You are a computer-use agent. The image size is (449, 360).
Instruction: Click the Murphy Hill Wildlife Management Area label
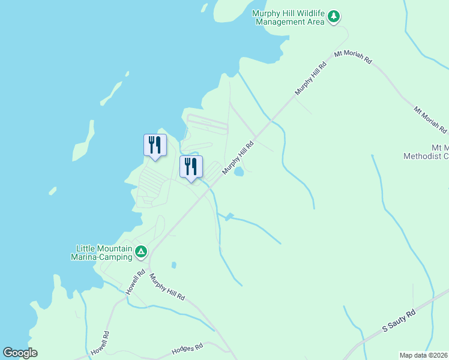pos(289,18)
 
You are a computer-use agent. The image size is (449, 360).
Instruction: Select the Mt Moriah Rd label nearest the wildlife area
pos(354,58)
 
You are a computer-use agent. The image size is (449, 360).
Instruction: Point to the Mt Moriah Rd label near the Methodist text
pos(430,120)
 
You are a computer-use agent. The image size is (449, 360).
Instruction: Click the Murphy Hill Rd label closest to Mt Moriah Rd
pos(310,77)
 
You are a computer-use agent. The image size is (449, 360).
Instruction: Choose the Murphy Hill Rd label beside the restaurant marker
pos(239,158)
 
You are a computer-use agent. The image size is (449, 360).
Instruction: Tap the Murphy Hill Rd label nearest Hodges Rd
pos(167,287)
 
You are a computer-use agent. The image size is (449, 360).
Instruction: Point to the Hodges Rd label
pos(188,347)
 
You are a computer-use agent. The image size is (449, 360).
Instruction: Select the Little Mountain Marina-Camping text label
pos(104,253)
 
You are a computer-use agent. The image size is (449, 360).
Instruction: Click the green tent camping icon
pos(140,251)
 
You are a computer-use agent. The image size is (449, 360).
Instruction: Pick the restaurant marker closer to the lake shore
pos(155,146)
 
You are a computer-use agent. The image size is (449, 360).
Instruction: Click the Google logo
pos(20,353)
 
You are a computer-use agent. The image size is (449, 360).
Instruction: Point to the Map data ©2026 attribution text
pos(424,355)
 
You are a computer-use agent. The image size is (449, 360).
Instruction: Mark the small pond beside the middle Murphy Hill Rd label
pos(240,172)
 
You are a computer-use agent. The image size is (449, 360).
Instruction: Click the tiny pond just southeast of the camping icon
pos(173,265)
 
